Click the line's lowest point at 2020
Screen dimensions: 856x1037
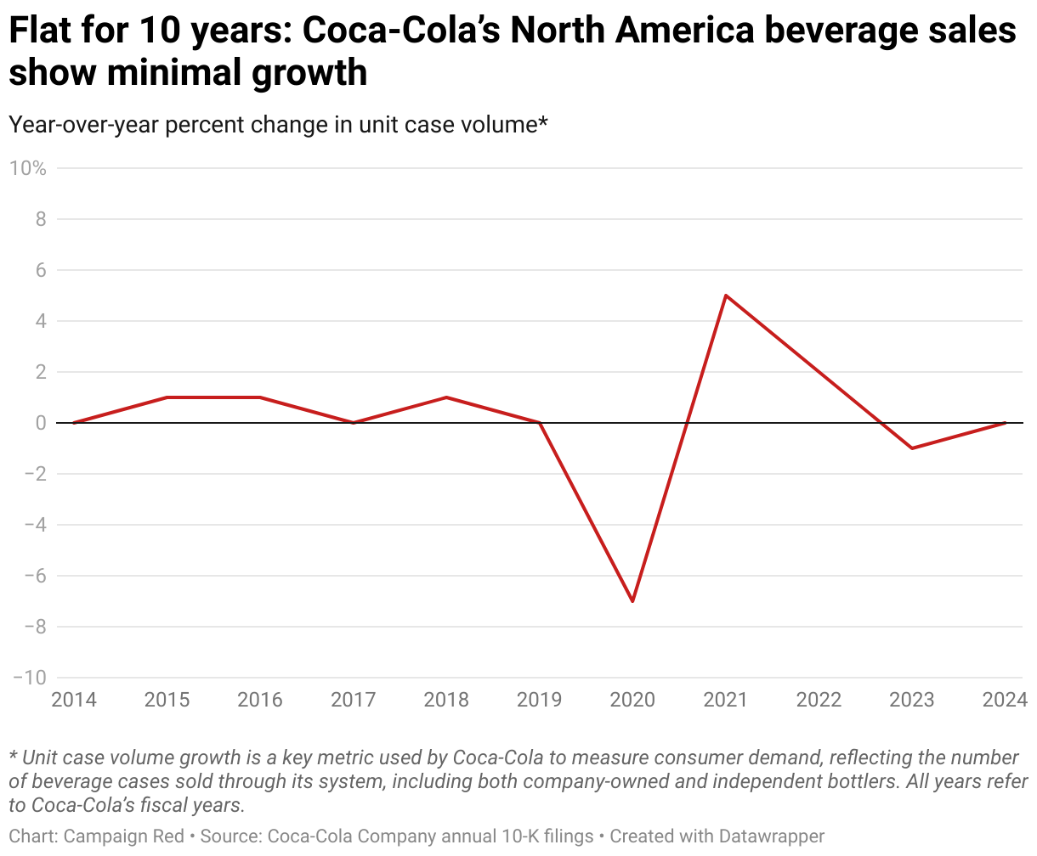coord(632,601)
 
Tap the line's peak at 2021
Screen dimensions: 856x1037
coord(726,296)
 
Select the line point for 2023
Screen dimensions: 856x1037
coord(912,448)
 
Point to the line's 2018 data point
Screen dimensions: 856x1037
coord(446,397)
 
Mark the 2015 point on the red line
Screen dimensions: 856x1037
coord(167,397)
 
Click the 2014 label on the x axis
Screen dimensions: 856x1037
coord(74,701)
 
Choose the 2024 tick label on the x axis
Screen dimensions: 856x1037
coord(1005,701)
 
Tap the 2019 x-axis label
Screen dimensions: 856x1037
coord(540,701)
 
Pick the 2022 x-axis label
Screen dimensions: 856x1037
coord(819,701)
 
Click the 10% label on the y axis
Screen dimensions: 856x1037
coord(27,168)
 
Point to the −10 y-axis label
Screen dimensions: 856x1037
coord(29,678)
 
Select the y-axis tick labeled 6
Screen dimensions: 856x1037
coord(39,270)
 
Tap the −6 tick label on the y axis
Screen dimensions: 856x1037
coord(34,576)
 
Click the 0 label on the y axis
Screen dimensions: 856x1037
coord(39,423)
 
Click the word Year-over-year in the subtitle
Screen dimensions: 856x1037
coord(82,125)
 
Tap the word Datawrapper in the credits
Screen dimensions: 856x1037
coord(772,836)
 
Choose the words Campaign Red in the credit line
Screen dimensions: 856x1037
coord(124,836)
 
